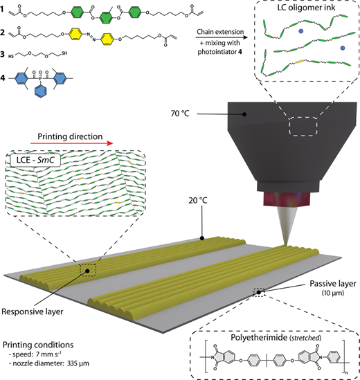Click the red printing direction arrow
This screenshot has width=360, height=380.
(71, 143)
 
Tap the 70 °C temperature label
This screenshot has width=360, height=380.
(180, 114)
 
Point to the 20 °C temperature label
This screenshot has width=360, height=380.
(198, 201)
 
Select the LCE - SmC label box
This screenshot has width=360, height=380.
(35, 160)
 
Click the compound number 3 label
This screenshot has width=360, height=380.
(3, 54)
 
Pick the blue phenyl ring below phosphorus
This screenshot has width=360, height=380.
(40, 91)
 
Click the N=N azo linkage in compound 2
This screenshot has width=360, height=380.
(91, 37)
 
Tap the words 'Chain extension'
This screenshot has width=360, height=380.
(220, 32)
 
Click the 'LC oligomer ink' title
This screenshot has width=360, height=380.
(306, 8)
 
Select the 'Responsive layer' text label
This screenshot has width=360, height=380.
(33, 311)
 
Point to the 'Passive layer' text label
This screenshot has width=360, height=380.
(333, 284)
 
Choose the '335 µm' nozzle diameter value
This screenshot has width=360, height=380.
(78, 363)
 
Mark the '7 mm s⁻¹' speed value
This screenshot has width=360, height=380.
(48, 354)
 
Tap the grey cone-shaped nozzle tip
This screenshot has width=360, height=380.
(287, 226)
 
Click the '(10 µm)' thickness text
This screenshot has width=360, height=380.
(333, 293)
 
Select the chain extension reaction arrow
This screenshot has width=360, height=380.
(222, 37)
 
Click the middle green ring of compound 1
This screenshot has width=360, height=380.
(106, 18)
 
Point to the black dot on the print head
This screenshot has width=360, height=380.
(244, 114)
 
